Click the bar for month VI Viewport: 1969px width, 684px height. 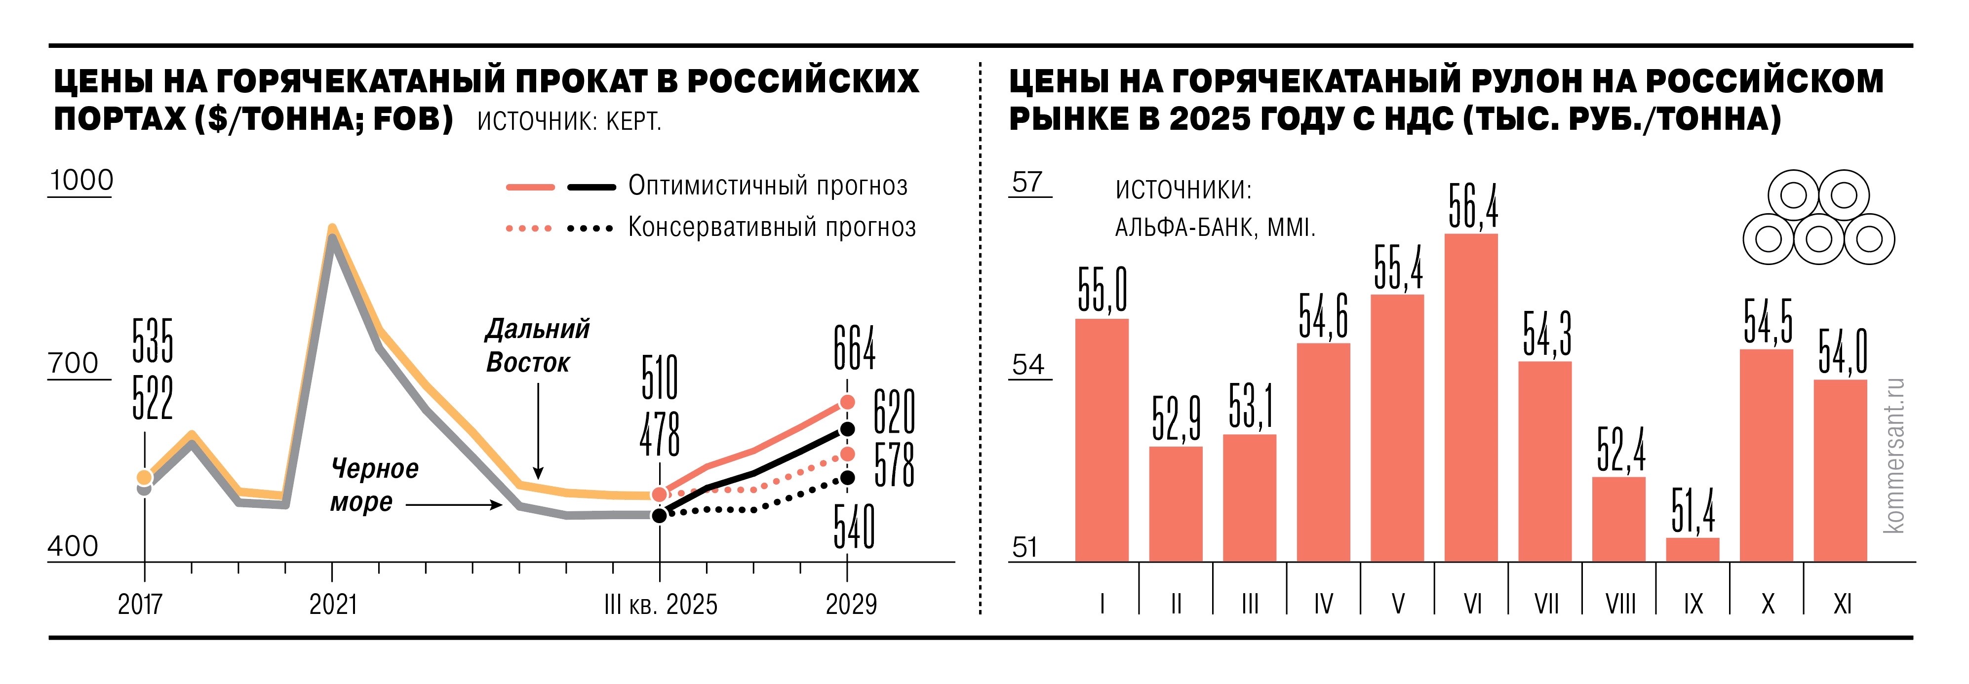[x=1471, y=397]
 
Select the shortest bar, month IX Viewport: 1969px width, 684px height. [x=1693, y=549]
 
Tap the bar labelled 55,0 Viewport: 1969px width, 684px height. [x=1102, y=439]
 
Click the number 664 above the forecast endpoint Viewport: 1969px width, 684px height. [x=854, y=348]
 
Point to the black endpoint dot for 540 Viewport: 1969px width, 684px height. [x=847, y=478]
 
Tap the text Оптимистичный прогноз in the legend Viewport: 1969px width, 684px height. [x=767, y=186]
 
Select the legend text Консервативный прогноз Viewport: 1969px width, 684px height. [x=771, y=227]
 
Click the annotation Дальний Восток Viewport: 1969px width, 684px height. [x=537, y=345]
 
